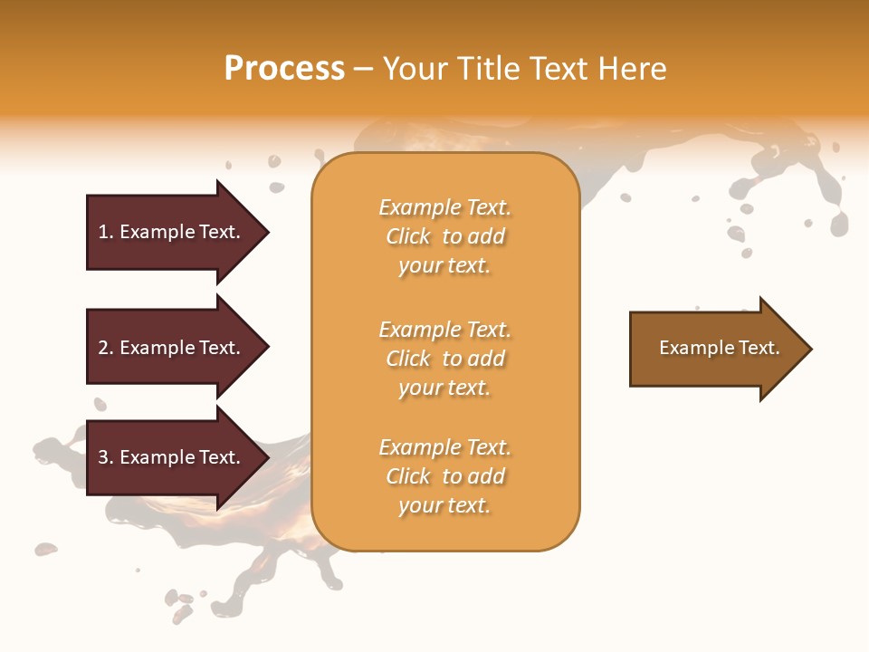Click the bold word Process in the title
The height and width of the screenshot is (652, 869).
coord(284,69)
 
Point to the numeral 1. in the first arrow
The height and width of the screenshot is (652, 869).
coord(106,232)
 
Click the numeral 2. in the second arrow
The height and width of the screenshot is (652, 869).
coord(106,348)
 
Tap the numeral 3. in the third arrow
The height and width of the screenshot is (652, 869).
coord(106,457)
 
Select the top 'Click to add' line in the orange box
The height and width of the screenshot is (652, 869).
coord(445,236)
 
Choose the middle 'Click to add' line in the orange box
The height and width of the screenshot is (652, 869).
coord(445,359)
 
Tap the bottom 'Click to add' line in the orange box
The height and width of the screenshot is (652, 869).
coord(445,476)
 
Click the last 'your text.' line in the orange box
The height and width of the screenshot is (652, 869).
coord(444,505)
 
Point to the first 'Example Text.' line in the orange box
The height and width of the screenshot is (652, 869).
coord(444,207)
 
